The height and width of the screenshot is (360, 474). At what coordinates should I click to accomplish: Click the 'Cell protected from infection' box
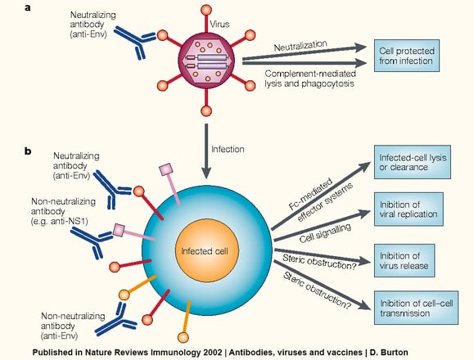(x=407, y=56)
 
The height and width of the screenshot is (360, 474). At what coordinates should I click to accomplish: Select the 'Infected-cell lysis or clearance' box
(x=413, y=162)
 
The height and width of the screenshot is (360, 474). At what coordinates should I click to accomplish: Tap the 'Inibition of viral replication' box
(x=409, y=209)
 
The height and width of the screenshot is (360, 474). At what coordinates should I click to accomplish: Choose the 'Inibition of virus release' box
(x=404, y=261)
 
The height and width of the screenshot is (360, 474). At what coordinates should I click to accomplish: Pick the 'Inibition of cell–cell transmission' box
(x=416, y=308)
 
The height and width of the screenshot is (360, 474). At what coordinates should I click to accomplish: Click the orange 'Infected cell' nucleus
(x=207, y=250)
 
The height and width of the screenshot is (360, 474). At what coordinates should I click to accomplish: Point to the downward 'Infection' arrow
(x=206, y=151)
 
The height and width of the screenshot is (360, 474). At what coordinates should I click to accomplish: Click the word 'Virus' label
(x=219, y=25)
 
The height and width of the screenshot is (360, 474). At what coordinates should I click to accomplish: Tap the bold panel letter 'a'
(x=28, y=8)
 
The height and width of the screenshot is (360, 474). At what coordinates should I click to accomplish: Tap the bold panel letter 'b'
(x=28, y=151)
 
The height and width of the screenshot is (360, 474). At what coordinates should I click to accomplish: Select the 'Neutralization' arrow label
(x=300, y=46)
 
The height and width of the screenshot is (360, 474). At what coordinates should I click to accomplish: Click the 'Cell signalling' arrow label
(x=325, y=233)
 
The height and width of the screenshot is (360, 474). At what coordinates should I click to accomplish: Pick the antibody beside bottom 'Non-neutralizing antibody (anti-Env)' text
(x=116, y=320)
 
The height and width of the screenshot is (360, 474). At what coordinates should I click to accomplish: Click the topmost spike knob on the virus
(x=206, y=10)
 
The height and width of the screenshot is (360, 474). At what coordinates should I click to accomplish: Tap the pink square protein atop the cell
(x=166, y=169)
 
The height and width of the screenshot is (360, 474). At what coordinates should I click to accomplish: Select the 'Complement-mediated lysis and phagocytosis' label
(x=310, y=79)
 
